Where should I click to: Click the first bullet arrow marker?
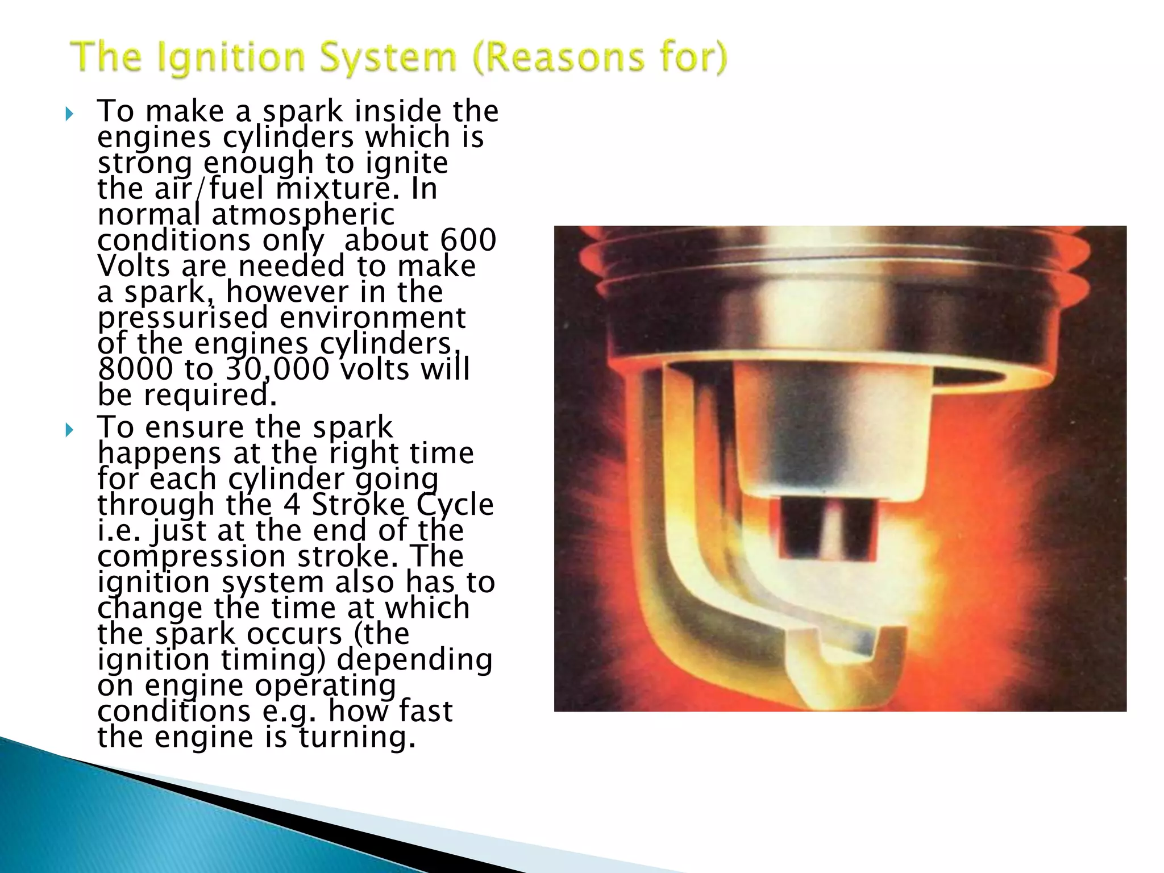pos(69,114)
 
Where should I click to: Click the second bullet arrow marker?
pos(69,430)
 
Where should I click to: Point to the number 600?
pos(468,240)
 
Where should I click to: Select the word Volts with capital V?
pos(134,266)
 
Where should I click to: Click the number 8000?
pos(135,369)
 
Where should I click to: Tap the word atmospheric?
pos(303,215)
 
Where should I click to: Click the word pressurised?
pos(182,318)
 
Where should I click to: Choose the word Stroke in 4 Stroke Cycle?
pos(359,505)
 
